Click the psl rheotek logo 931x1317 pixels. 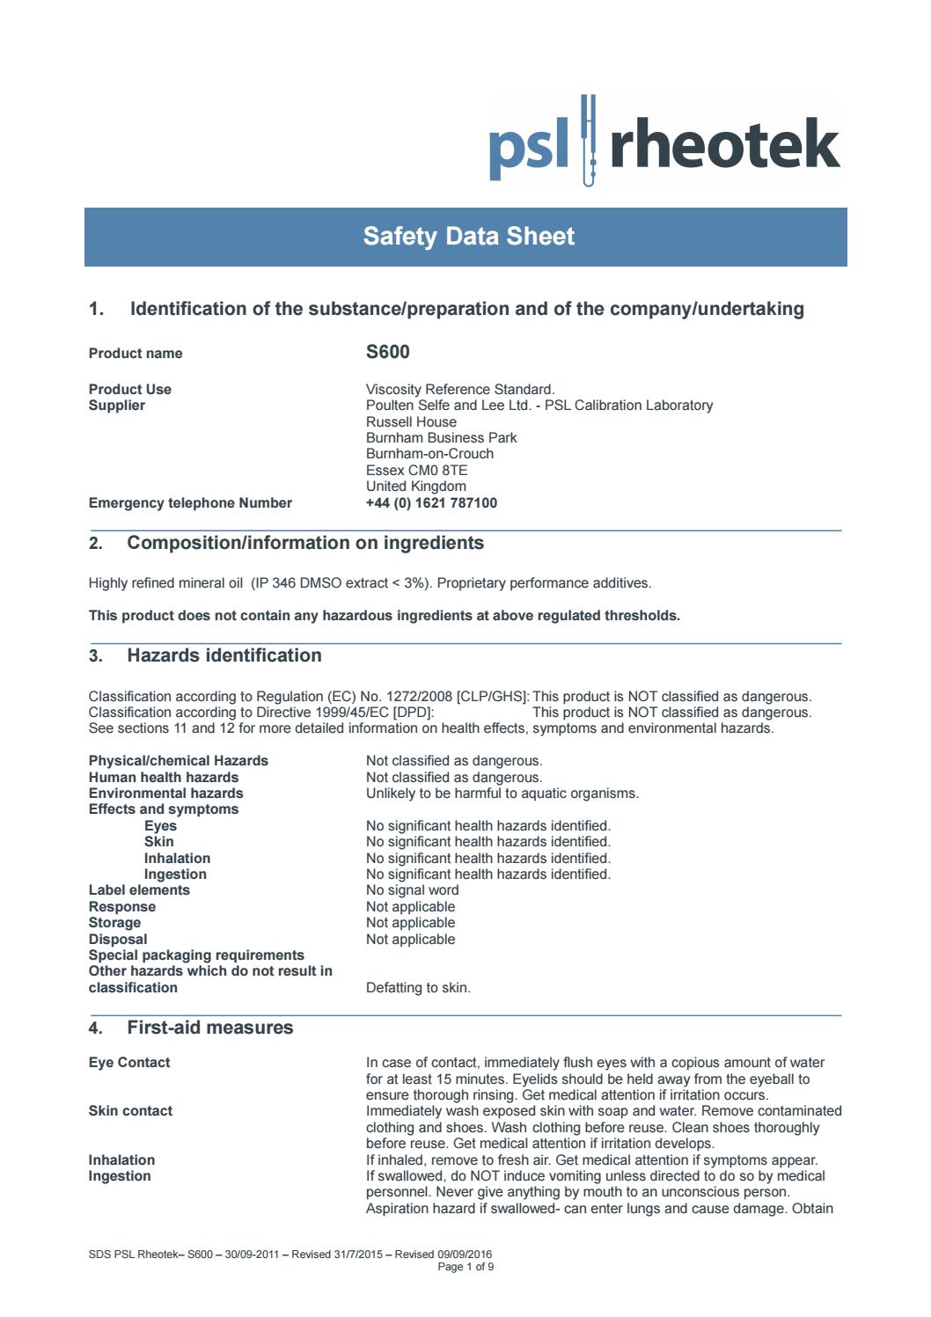coord(663,143)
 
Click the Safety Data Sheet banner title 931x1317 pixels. coord(468,237)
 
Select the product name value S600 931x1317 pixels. coord(387,353)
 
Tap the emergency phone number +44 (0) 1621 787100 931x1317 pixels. coord(431,503)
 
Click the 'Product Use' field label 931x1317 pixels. coord(130,390)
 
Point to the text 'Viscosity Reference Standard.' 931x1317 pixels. coord(460,390)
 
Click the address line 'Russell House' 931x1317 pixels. coord(411,422)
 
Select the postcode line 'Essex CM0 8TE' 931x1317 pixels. coord(416,471)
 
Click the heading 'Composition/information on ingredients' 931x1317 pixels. coord(305,543)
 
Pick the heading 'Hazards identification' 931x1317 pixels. coord(224,655)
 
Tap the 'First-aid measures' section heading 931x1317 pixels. coord(210,1028)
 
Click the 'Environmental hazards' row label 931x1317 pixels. coord(165,794)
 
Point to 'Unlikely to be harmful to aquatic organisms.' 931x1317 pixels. coord(502,794)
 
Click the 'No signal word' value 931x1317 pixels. coord(412,890)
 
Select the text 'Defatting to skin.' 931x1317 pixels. coord(418,988)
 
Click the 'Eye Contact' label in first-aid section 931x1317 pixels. coord(129,1063)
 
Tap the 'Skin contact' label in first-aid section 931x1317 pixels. coord(130,1111)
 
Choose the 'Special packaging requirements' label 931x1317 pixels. coord(196,955)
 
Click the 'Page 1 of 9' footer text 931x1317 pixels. coord(472,1267)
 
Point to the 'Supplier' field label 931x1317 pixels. coord(117,406)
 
